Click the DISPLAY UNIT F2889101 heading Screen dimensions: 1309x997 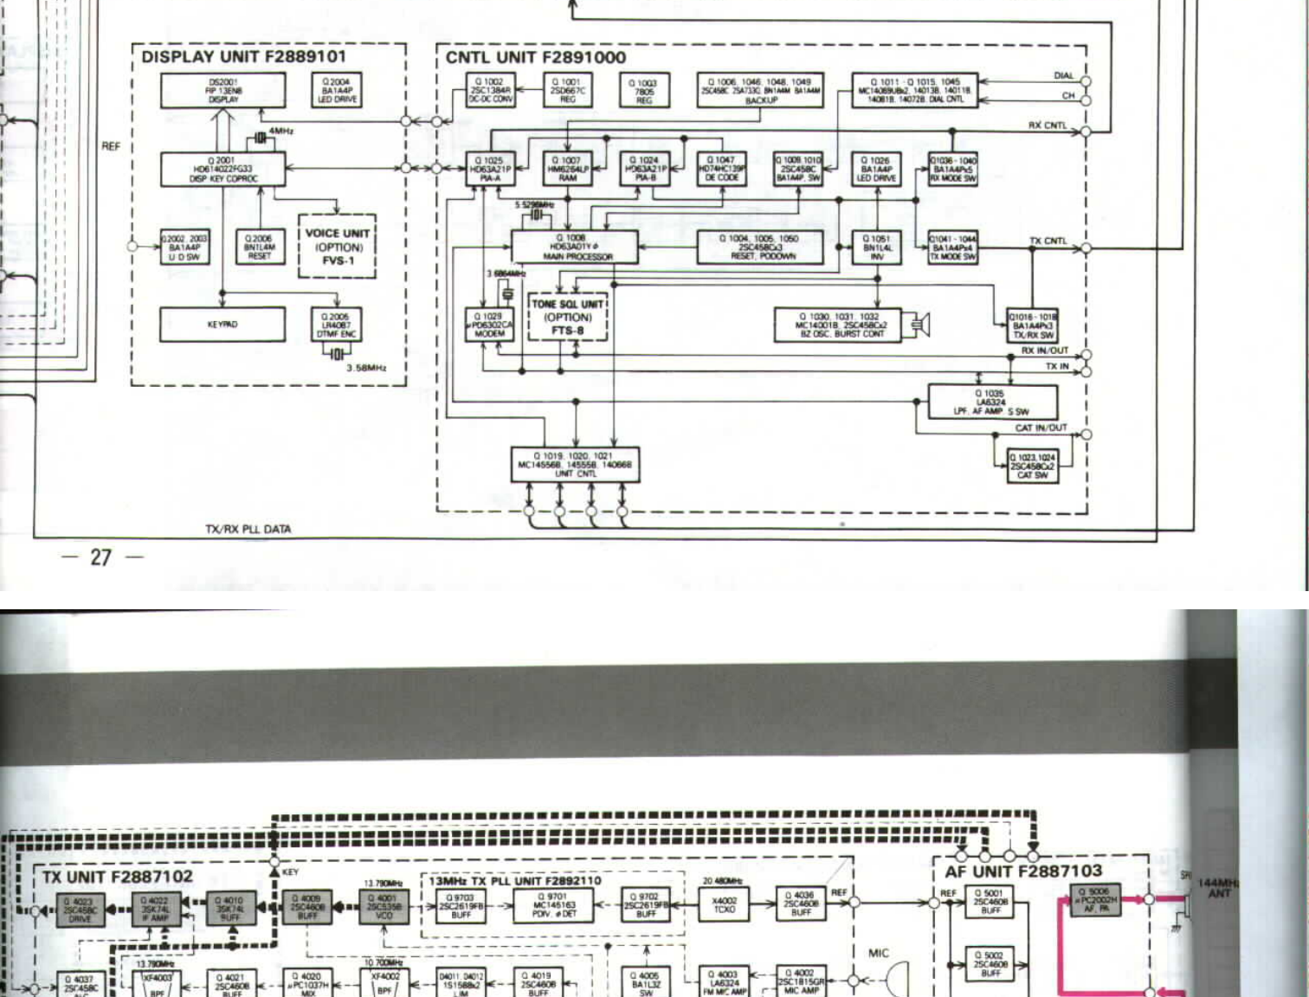pos(243,57)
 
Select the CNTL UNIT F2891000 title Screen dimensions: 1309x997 pos(535,58)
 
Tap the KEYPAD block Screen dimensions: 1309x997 pos(222,325)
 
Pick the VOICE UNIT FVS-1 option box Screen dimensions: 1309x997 pos(337,247)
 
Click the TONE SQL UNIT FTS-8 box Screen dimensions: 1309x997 pos(568,317)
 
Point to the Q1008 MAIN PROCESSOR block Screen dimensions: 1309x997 pos(575,247)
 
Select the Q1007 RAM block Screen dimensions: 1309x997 pos(567,169)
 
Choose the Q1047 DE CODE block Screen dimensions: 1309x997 pos(721,169)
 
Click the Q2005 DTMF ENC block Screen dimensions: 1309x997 pos(336,325)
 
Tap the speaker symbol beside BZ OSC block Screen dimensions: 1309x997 pos(919,325)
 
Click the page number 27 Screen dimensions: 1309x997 pos(100,556)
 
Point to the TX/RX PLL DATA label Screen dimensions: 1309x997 pos(248,529)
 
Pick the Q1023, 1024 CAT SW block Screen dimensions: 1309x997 pos(1034,466)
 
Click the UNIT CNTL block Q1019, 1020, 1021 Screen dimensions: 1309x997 pos(575,464)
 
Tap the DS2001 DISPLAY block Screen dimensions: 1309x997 pos(222,91)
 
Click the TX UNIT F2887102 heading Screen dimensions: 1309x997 pos(118,877)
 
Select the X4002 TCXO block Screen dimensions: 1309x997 pos(724,905)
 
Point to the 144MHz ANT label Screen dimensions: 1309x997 pos(1218,888)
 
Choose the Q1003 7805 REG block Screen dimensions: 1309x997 pos(643,91)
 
